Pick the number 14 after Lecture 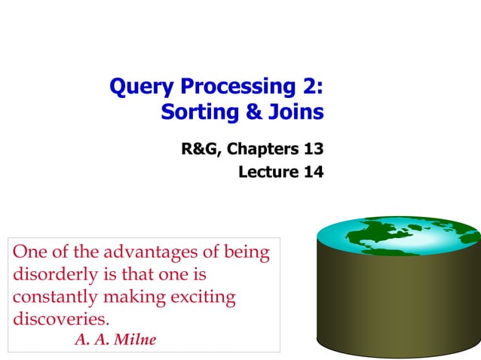pos(314,172)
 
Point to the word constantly pos(51,297)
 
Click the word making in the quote pos(133,297)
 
